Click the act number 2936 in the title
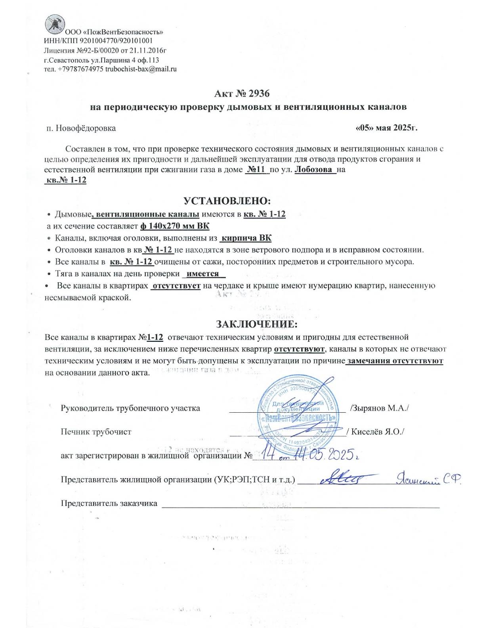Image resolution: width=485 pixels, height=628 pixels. click(x=259, y=94)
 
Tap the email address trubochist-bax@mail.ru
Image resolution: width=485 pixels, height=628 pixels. click(x=141, y=69)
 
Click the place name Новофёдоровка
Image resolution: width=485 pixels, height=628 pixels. click(x=86, y=128)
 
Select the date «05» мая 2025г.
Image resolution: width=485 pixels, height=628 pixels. click(x=387, y=128)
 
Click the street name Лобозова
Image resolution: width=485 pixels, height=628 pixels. click(x=314, y=170)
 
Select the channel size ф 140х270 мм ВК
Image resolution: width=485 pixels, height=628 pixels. click(x=175, y=226)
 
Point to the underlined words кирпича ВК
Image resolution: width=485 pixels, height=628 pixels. click(x=246, y=238)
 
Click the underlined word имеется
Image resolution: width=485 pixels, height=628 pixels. click(x=203, y=274)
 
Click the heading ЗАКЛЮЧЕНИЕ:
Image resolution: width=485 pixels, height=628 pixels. click(x=256, y=324)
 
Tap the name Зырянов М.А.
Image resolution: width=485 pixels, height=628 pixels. click(x=380, y=408)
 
